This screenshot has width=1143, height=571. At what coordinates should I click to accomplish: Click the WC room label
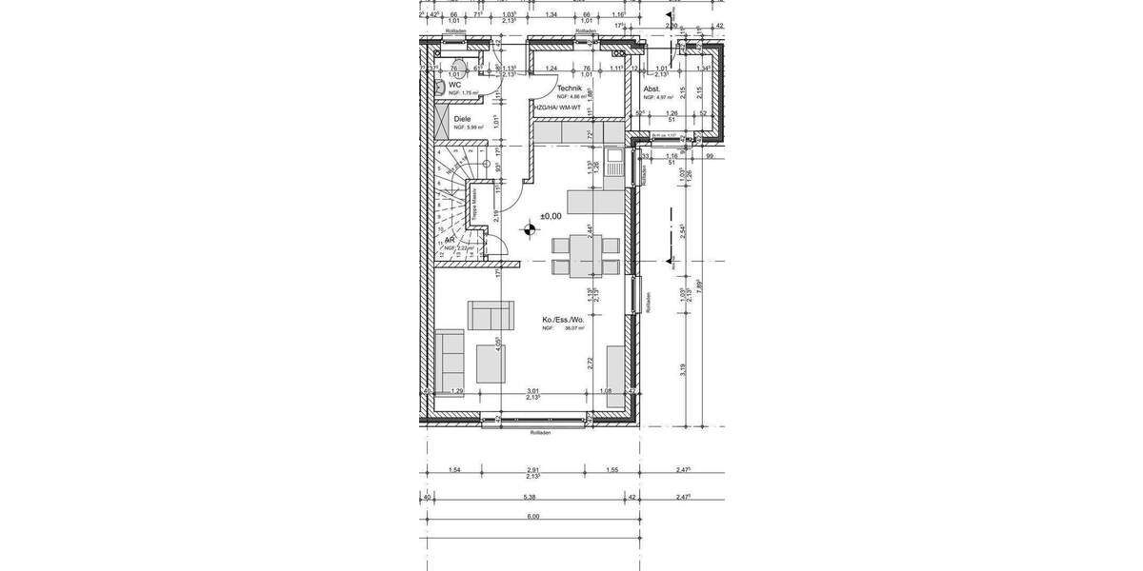coord(455,85)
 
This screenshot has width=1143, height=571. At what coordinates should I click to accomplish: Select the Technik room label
coord(569,88)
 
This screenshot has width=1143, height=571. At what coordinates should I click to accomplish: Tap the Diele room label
coord(462,119)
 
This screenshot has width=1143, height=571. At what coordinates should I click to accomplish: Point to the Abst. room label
coord(653,89)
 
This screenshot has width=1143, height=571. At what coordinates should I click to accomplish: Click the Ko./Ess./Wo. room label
coord(561,319)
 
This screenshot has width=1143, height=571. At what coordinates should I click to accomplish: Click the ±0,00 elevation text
coord(551,217)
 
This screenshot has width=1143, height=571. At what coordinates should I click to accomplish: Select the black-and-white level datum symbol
coord(530,228)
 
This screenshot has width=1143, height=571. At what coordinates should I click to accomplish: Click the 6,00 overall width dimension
coord(532,517)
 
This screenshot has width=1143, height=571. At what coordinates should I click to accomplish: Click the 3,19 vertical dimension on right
coord(683,370)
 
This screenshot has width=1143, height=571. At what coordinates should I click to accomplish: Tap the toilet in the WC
coord(439,87)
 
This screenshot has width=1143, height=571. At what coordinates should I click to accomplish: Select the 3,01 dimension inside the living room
coord(534,391)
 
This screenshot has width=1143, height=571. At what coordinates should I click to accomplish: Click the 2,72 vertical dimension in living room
coord(592,362)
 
